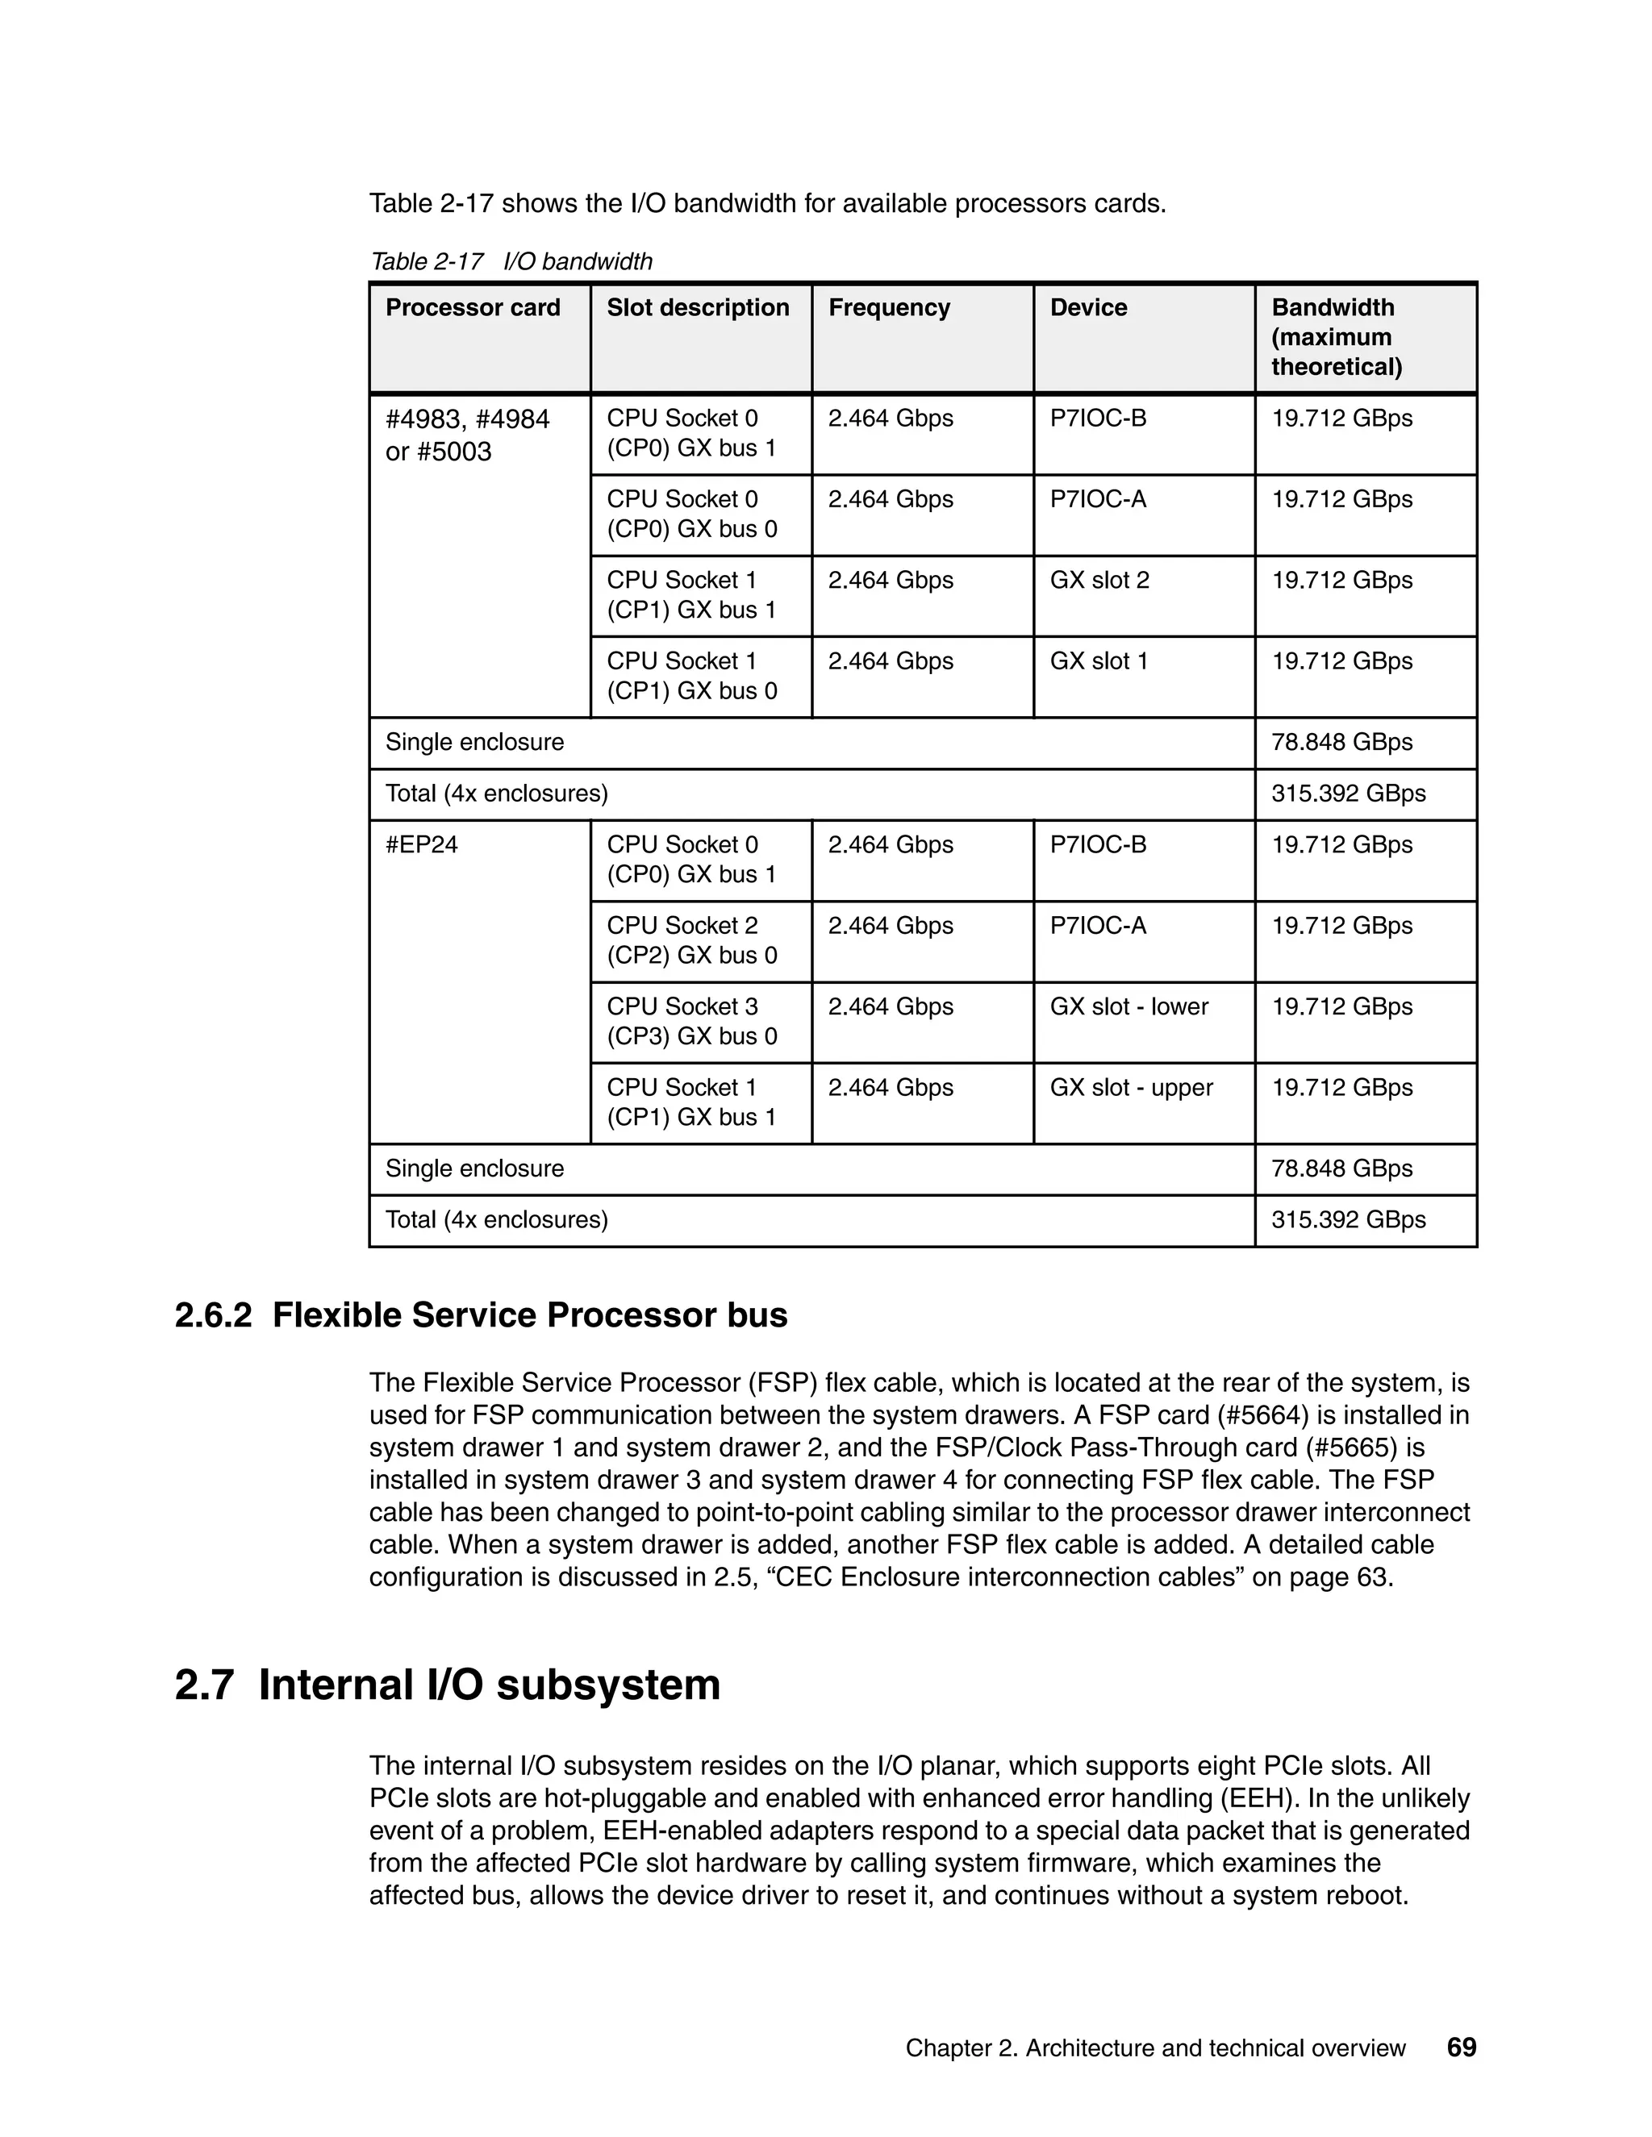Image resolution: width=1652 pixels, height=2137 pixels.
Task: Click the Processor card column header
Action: (473, 308)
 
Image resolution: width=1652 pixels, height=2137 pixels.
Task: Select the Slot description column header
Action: (698, 308)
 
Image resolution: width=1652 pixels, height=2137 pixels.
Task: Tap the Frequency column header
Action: (889, 308)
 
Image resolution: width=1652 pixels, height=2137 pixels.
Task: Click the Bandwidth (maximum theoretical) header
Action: (1336, 338)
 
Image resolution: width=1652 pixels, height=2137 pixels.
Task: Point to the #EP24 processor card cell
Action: (422, 844)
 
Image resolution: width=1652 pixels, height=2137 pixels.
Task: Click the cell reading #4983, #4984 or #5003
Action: (468, 435)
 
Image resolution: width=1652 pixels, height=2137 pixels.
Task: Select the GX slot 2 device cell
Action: (1099, 581)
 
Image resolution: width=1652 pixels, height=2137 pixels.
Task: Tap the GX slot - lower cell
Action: (1128, 1007)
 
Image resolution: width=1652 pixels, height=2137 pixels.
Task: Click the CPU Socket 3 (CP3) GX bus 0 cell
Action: (691, 1022)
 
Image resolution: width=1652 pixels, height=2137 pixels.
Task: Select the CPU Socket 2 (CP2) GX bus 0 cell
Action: (691, 940)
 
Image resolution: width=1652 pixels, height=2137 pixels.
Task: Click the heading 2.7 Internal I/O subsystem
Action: (447, 1685)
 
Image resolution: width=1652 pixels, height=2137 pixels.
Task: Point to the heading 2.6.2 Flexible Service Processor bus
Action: (481, 1315)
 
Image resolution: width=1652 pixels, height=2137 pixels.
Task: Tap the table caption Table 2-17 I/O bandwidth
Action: (511, 261)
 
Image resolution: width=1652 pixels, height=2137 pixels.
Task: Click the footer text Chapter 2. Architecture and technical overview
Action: (1155, 2049)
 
